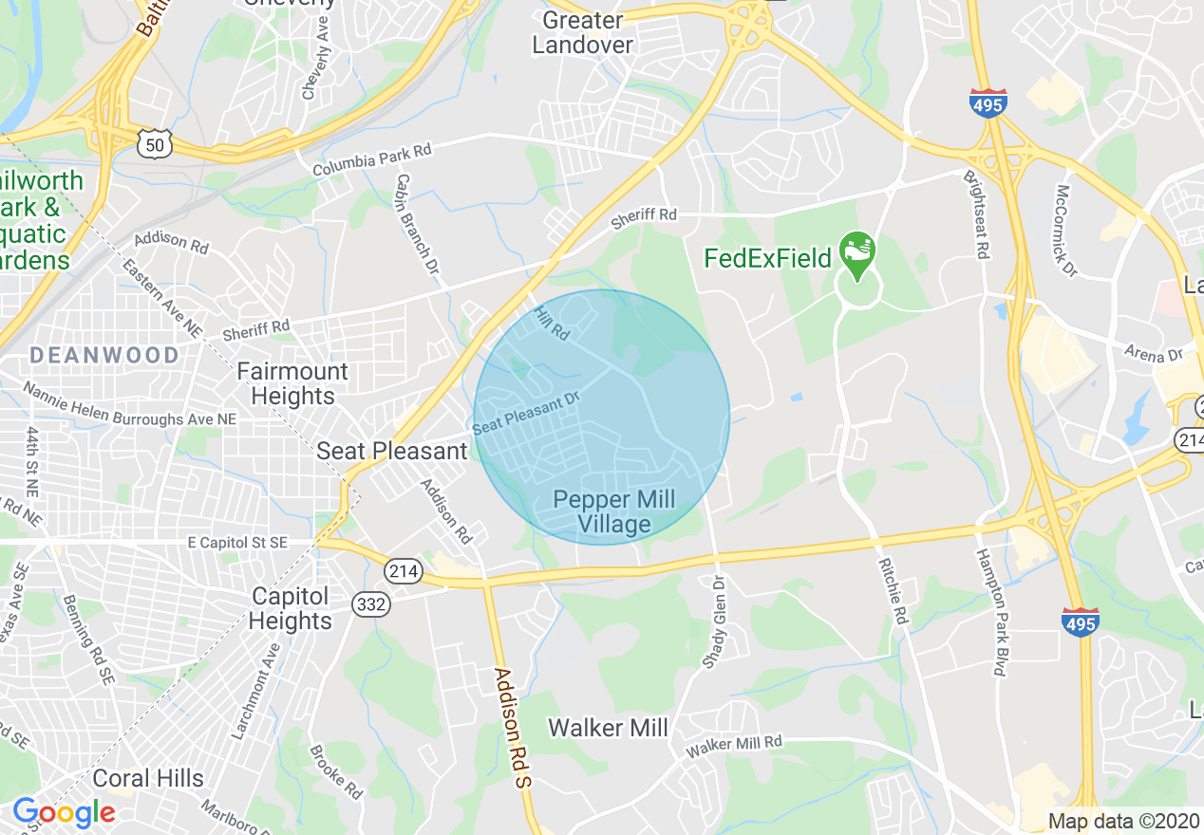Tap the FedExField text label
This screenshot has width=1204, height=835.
pyautogui.click(x=767, y=257)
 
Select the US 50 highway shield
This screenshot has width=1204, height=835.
pyautogui.click(x=153, y=143)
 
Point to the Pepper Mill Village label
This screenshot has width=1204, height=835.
pyautogui.click(x=614, y=511)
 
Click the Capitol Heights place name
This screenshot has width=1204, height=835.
pyautogui.click(x=292, y=608)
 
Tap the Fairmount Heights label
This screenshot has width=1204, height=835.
pyautogui.click(x=292, y=383)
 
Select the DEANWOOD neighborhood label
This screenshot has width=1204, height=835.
pyautogui.click(x=104, y=356)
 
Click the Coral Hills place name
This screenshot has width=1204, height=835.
pyautogui.click(x=148, y=778)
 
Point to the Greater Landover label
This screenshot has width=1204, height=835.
pyautogui.click(x=582, y=32)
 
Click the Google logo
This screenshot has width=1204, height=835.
pyautogui.click(x=64, y=812)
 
